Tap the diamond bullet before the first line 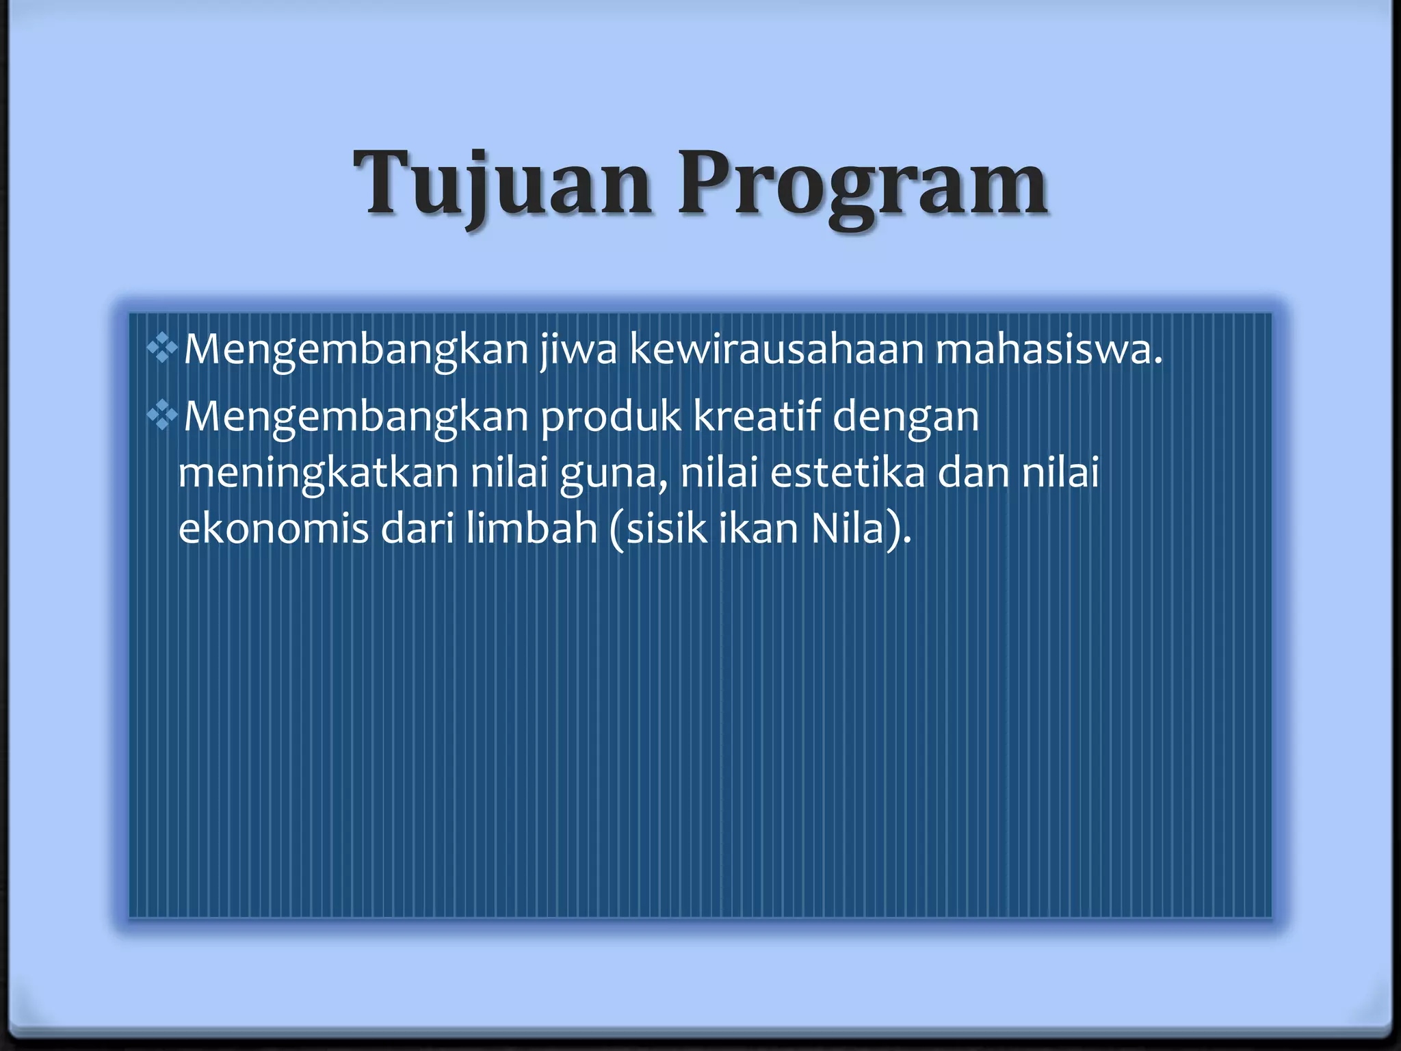[162, 349]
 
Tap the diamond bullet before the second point [162, 415]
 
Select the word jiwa [578, 349]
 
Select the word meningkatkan [318, 473]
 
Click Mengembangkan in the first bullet [356, 350]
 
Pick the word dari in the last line [417, 528]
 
